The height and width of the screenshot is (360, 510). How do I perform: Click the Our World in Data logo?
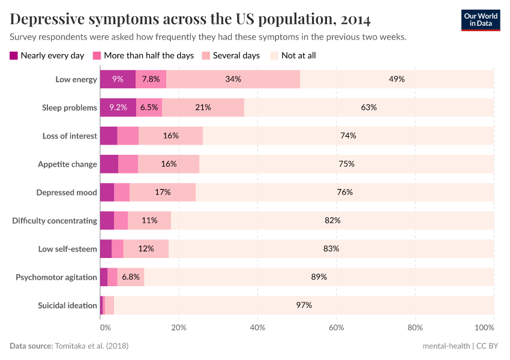pyautogui.click(x=480, y=20)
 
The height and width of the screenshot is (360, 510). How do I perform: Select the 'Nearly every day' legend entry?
pyautogui.click(x=47, y=56)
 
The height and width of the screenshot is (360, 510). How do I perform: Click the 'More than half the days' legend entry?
pyautogui.click(x=143, y=56)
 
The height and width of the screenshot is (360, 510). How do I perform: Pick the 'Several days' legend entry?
pyautogui.click(x=231, y=56)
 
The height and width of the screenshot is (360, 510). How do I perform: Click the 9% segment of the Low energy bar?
pyautogui.click(x=118, y=79)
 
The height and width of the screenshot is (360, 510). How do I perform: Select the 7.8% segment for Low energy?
pyautogui.click(x=151, y=79)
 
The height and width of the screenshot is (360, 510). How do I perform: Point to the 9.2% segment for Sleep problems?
pyautogui.click(x=118, y=107)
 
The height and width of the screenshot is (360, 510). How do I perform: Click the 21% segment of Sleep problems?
pyautogui.click(x=203, y=107)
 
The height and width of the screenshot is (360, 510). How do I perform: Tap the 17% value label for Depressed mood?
pyautogui.click(x=163, y=192)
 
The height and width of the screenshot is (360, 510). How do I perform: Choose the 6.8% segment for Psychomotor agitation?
pyautogui.click(x=131, y=277)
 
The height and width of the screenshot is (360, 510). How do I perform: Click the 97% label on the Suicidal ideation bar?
pyautogui.click(x=304, y=305)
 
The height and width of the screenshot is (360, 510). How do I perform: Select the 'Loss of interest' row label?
pyautogui.click(x=69, y=136)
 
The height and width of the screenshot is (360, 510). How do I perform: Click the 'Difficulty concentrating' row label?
pyautogui.click(x=55, y=220)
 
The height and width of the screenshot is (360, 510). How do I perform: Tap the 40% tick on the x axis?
pyautogui.click(x=257, y=328)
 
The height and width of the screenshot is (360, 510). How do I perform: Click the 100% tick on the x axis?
pyautogui.click(x=484, y=328)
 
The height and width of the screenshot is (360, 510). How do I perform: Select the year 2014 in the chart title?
pyautogui.click(x=355, y=19)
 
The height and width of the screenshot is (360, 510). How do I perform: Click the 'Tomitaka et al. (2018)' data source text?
pyautogui.click(x=91, y=346)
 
